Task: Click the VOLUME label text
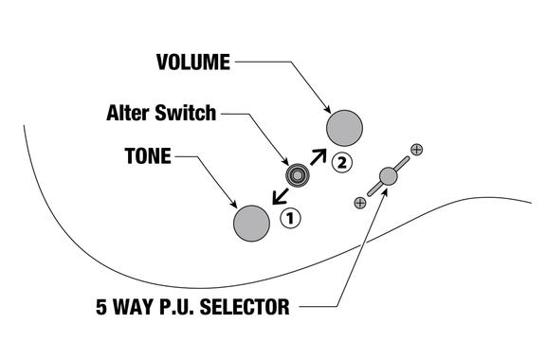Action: point(193,63)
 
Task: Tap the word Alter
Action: point(128,113)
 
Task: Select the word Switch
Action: point(186,113)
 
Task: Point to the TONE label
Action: point(148,156)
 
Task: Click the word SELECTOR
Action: point(245,307)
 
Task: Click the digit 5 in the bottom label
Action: point(101,307)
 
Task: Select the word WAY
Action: point(133,307)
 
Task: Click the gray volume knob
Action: point(344,128)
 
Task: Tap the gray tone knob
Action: point(251,224)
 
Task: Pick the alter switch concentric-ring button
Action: point(298,175)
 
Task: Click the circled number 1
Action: point(290,218)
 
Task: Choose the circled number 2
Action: point(342,163)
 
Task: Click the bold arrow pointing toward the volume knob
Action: point(318,156)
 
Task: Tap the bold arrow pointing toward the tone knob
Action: point(281,196)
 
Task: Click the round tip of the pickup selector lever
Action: point(388,176)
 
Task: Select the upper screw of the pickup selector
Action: point(417,150)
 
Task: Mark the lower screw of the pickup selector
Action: point(359,203)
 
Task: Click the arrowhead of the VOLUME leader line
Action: point(328,110)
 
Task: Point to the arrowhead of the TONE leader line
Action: point(234,205)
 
